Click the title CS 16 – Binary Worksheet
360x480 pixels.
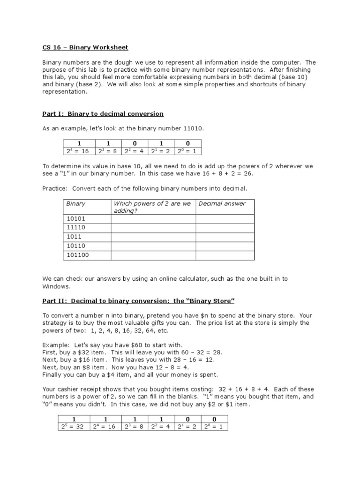click(85, 47)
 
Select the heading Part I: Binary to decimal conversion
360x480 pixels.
click(103, 114)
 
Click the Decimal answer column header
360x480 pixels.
click(222, 203)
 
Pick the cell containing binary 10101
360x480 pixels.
click(77, 219)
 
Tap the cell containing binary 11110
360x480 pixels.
click(77, 228)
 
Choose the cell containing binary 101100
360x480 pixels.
click(78, 255)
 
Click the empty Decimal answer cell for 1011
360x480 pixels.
click(225, 237)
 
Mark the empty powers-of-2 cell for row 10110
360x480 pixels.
click(153, 246)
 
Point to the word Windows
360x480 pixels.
click(56, 286)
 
